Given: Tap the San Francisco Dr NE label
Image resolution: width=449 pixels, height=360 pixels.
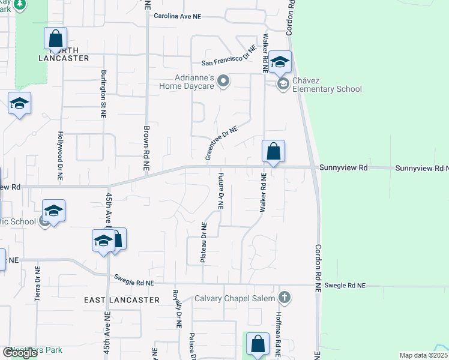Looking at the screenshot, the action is coord(229,58).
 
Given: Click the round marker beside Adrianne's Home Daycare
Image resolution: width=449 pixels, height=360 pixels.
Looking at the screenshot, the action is coord(223,81).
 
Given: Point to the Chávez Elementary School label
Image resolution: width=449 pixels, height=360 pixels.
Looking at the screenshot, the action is coord(327,85).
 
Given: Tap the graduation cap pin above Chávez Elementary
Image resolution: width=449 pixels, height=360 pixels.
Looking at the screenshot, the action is coord(279,62).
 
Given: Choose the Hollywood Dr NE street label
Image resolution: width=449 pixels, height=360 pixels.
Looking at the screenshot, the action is coord(60,157).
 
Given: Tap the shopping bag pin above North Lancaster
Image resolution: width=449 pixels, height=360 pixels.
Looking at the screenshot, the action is coord(55,40).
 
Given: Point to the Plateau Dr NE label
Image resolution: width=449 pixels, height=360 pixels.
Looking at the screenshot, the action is coord(204,242).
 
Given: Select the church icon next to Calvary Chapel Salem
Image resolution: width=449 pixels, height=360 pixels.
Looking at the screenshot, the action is coord(285,298).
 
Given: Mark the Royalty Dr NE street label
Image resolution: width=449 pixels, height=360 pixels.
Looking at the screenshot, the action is coord(178,308).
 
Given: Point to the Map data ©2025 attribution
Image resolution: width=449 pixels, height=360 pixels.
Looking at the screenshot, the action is coord(424,355).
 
